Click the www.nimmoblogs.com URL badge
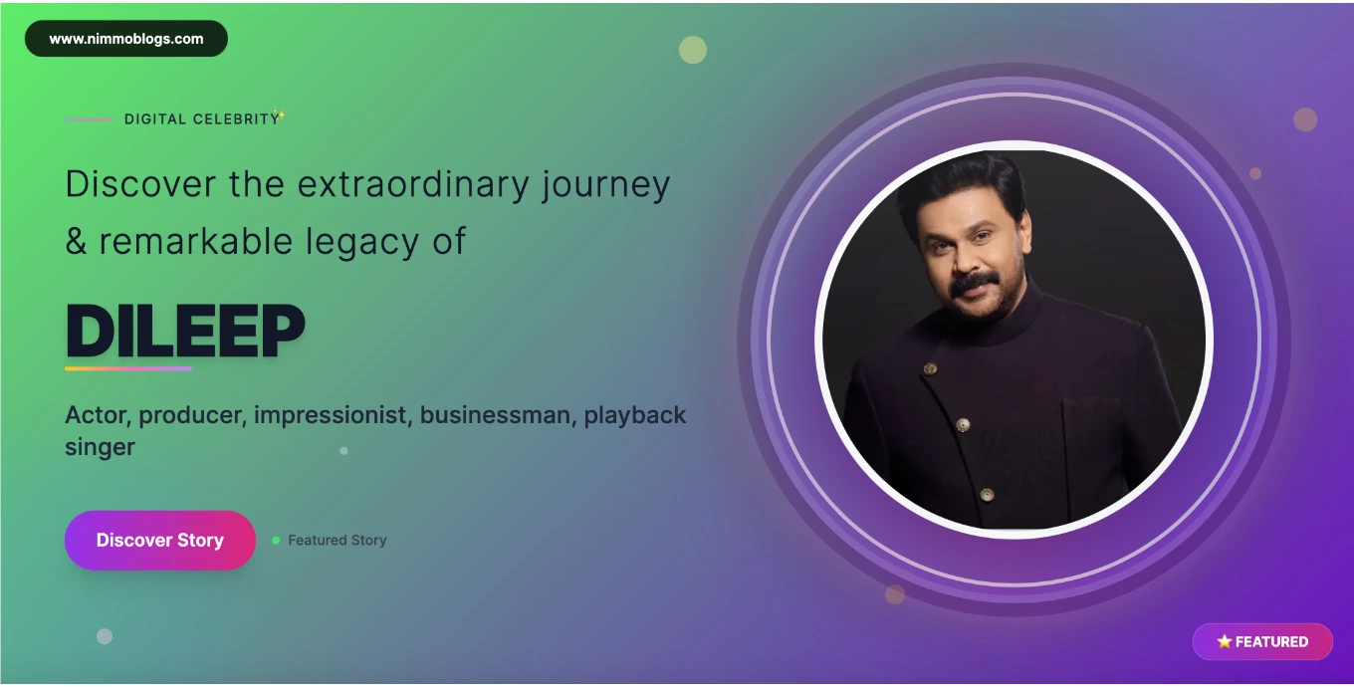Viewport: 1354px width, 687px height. pos(126,39)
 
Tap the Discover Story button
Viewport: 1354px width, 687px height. pos(160,540)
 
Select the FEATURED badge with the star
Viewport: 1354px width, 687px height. pos(1262,641)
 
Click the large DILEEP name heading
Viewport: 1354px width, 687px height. pos(185,331)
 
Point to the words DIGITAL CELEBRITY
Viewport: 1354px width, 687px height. pos(201,119)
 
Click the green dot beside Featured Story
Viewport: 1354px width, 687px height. pos(276,540)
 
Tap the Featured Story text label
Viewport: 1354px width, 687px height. pos(338,540)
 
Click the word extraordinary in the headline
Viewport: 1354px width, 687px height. pos(413,184)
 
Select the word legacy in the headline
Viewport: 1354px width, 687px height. pos(361,242)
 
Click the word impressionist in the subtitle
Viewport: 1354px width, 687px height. pos(331,415)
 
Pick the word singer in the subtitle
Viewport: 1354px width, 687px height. pos(100,448)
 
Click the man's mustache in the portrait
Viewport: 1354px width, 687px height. pos(975,284)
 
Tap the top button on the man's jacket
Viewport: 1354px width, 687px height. pos(930,368)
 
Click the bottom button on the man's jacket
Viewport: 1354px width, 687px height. pos(987,495)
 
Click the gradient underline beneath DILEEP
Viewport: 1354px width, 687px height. pos(128,368)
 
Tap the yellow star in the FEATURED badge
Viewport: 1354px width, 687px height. pos(1224,641)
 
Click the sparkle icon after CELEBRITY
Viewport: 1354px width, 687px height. pos(279,114)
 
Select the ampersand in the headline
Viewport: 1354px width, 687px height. pos(76,241)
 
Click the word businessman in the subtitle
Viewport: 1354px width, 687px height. pos(495,415)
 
